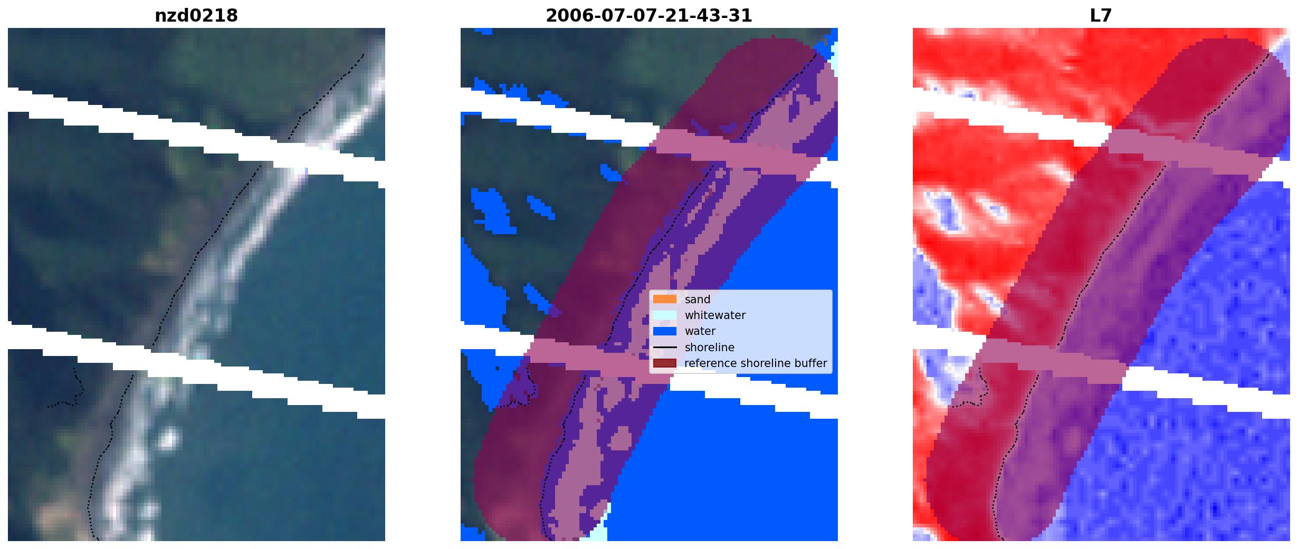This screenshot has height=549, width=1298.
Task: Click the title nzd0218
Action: (x=196, y=15)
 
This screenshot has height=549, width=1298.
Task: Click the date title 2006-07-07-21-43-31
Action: (x=648, y=15)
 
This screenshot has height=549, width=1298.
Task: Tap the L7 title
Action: (x=1101, y=15)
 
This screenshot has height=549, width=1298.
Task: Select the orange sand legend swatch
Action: (x=665, y=299)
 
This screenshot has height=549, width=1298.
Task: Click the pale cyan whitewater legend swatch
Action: (x=665, y=315)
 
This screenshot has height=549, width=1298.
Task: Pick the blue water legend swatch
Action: (x=665, y=331)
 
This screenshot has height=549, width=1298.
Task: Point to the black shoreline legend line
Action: (x=665, y=348)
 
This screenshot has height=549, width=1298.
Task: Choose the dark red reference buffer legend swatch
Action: (x=665, y=363)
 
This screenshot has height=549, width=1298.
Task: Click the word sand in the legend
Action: (x=698, y=300)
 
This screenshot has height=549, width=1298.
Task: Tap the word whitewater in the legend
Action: (x=715, y=315)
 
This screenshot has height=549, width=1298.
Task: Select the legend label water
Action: (x=700, y=331)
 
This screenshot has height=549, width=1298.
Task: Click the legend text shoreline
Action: (x=710, y=348)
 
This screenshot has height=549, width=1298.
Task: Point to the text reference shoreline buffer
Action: (x=756, y=363)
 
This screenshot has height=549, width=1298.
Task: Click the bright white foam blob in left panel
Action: (x=169, y=438)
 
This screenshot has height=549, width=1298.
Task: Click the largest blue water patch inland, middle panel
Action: (x=491, y=211)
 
